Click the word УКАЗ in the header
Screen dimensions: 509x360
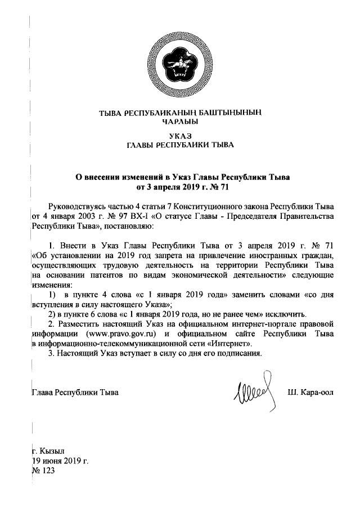[180, 136]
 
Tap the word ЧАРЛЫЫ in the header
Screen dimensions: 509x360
[180, 121]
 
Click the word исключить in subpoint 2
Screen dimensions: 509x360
[285, 314]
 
